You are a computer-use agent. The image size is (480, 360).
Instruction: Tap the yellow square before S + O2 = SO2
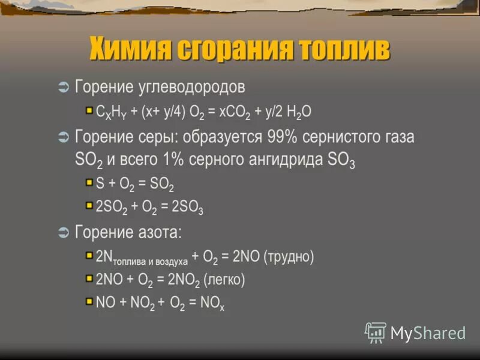[x=89, y=182]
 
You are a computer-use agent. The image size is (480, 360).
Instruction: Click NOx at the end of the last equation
[x=213, y=304]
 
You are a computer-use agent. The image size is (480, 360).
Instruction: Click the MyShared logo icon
[x=376, y=332]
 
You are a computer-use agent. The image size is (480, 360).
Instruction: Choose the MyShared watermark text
[x=428, y=333]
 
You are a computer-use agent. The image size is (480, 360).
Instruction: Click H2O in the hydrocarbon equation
[x=298, y=112]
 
